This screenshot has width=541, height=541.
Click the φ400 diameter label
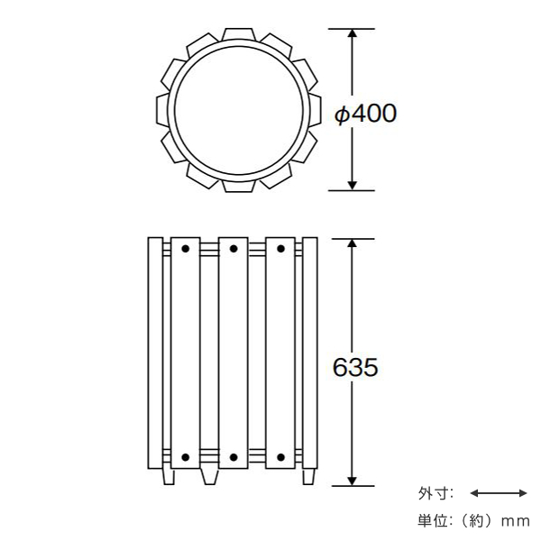point(366,114)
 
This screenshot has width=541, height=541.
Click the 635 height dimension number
point(355,367)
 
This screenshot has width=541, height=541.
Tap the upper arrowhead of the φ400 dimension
point(352,33)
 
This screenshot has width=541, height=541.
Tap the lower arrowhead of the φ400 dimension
point(352,186)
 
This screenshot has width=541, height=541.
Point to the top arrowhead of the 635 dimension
point(352,243)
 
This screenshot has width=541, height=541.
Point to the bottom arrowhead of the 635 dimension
point(352,481)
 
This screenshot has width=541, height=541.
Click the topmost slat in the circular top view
point(238,34)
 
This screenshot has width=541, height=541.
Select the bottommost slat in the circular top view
point(238,187)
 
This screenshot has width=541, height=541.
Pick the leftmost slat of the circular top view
point(162,110)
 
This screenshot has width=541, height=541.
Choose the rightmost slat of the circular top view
point(315,110)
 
